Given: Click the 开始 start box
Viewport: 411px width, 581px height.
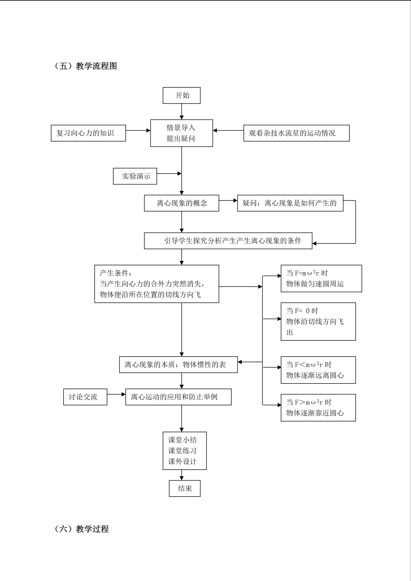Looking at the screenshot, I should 181,95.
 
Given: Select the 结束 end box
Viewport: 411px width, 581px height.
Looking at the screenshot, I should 185,488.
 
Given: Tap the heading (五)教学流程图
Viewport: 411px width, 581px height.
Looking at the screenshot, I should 86,66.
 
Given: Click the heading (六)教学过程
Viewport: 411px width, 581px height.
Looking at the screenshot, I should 81,529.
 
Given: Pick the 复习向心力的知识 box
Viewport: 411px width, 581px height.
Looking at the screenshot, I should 88,133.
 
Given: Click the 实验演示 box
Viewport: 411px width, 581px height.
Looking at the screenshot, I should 135,176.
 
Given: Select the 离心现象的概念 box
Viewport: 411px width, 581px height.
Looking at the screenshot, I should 181,203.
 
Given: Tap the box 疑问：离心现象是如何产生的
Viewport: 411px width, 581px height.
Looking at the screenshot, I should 290,203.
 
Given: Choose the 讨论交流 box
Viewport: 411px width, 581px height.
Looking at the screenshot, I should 85,397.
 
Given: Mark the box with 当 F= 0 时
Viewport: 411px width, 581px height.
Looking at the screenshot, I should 318,321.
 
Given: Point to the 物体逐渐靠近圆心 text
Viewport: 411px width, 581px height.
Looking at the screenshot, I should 315,413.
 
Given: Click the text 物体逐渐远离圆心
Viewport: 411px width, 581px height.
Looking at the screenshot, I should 315,375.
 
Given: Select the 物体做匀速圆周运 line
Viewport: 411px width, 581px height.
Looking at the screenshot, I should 315,284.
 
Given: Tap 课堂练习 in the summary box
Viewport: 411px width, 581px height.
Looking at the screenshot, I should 182,451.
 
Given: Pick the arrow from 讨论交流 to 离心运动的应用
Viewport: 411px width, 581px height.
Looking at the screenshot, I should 116,394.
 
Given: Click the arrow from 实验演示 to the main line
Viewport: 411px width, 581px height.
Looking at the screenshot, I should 169,174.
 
